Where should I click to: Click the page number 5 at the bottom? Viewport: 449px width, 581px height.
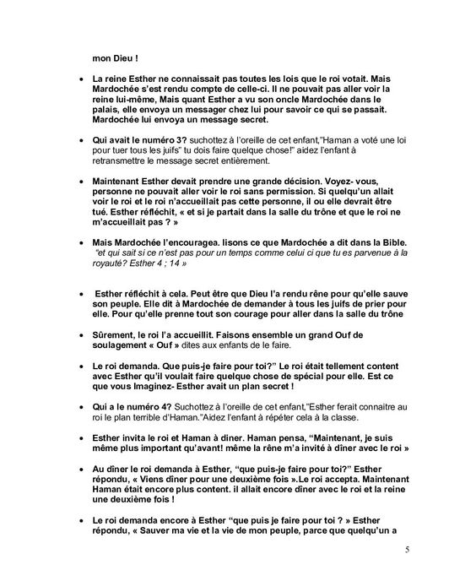(x=407, y=551)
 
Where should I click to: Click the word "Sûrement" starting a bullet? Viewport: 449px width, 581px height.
(x=113, y=335)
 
